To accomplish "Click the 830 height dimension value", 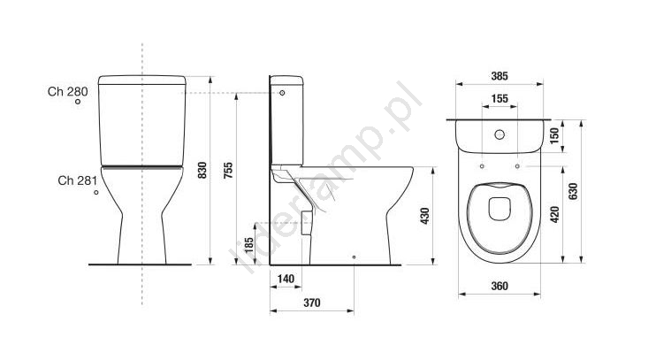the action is (202, 171).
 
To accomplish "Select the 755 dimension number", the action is (228, 171).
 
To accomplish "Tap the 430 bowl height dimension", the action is (425, 216).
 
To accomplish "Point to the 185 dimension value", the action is (249, 246).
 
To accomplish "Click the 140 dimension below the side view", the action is (286, 279).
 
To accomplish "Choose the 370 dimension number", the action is (312, 303).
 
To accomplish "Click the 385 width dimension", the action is (500, 76).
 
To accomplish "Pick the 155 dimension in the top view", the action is (500, 99).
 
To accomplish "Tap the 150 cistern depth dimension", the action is (554, 135).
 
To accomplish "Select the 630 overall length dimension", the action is (573, 191).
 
